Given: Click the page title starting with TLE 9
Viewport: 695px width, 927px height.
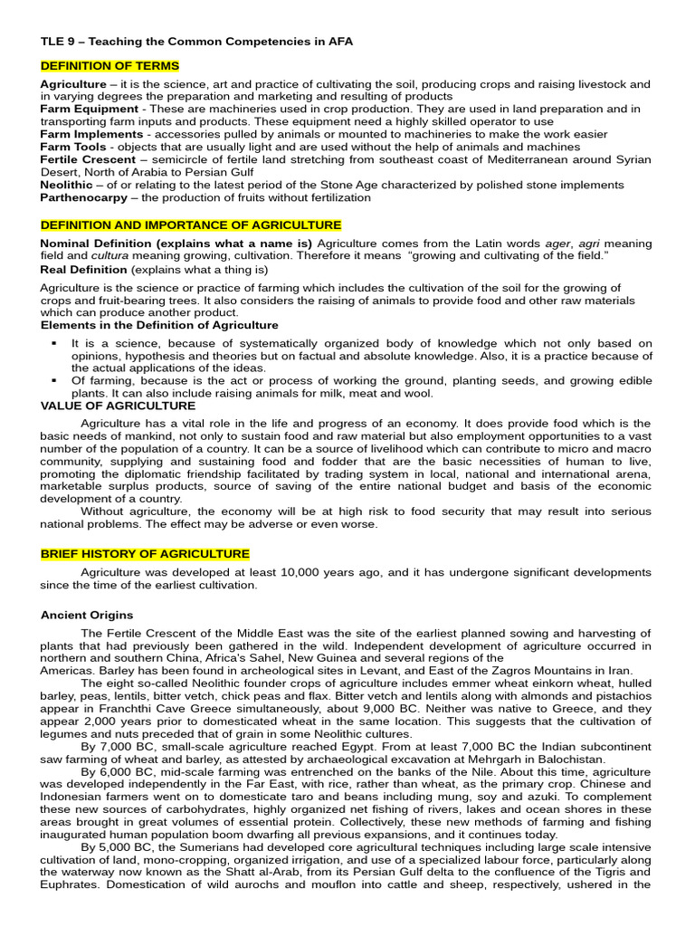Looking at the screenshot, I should [196, 42].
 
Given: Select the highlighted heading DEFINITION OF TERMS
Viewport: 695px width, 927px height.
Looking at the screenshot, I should [109, 66].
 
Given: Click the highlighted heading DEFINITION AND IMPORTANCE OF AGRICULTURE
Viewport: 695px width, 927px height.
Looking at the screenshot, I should [191, 225].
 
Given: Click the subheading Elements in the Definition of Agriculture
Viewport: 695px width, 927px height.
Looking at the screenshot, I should [159, 325].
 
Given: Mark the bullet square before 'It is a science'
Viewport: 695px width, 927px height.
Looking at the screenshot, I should [54, 344].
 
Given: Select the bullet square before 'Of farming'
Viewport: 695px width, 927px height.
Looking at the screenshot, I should [54, 381].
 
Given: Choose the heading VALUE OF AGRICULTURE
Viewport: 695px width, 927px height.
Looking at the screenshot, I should [118, 406].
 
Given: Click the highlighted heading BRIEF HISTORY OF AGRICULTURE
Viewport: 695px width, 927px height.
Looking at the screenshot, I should [145, 554].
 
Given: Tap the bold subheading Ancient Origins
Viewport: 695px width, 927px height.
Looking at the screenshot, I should [87, 615].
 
